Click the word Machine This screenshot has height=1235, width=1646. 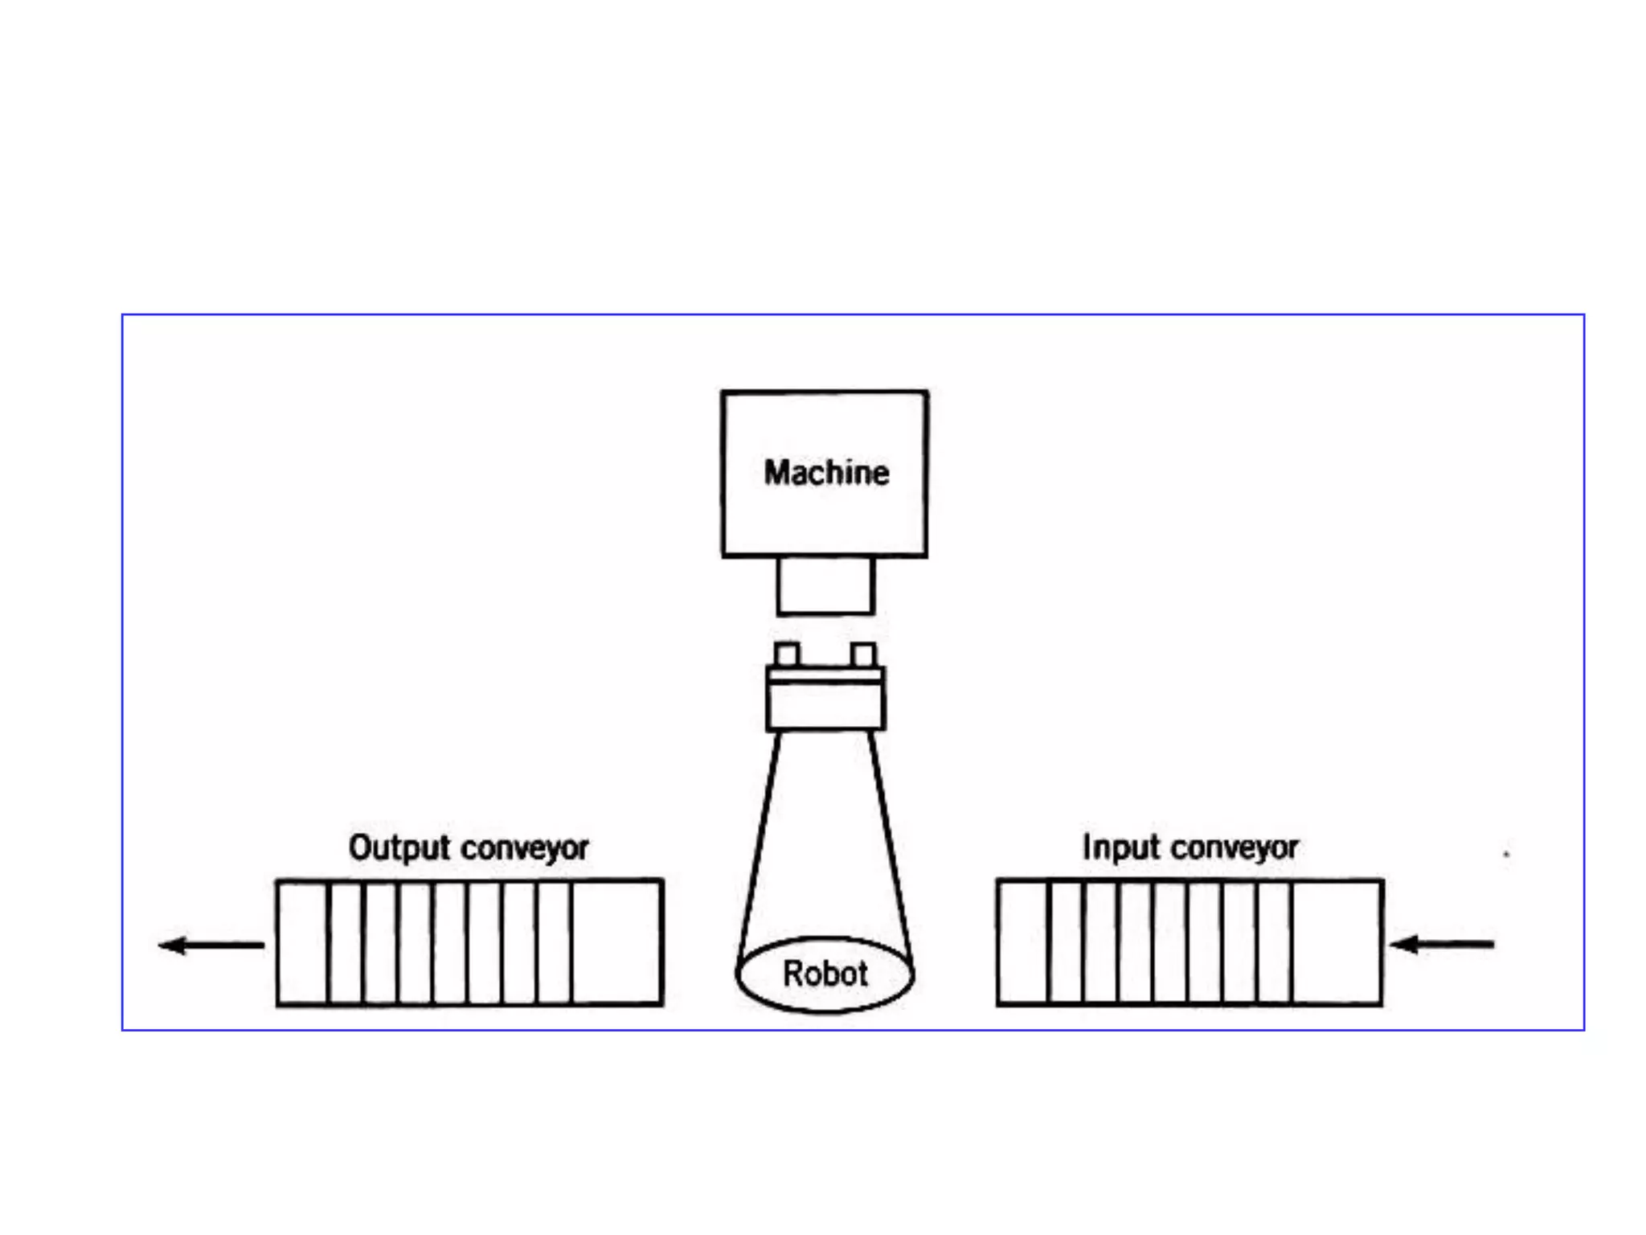point(826,473)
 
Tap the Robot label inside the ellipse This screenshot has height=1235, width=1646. point(825,974)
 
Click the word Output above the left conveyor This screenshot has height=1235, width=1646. point(399,848)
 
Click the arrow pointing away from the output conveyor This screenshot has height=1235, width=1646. point(211,945)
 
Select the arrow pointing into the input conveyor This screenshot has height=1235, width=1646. point(1442,944)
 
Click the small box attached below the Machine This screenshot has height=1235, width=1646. point(825,586)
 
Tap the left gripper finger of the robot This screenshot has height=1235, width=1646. point(787,654)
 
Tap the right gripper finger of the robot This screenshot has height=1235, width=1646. point(864,654)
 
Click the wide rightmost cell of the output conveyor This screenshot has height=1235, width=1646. point(617,942)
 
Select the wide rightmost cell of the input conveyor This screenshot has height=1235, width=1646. point(1337,942)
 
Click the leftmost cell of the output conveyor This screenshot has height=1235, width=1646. point(302,942)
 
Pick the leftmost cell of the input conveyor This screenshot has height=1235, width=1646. point(1023,942)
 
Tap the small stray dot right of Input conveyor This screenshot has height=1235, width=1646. point(1506,854)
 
